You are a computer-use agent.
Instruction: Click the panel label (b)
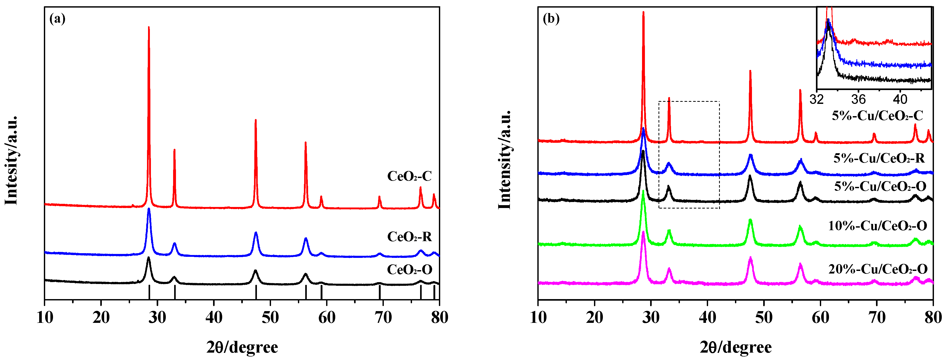tap(551, 18)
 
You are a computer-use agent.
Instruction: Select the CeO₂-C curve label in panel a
tap(409, 176)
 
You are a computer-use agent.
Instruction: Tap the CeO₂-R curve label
tap(409, 237)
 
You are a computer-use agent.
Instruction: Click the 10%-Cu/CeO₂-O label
tap(877, 226)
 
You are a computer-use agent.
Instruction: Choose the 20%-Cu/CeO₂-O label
tap(878, 269)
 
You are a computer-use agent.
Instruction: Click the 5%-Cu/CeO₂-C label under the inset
tap(877, 116)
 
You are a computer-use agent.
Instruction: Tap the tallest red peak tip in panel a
tap(149, 27)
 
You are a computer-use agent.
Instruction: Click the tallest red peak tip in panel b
tap(643, 12)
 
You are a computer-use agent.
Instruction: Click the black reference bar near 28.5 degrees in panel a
tap(149, 293)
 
